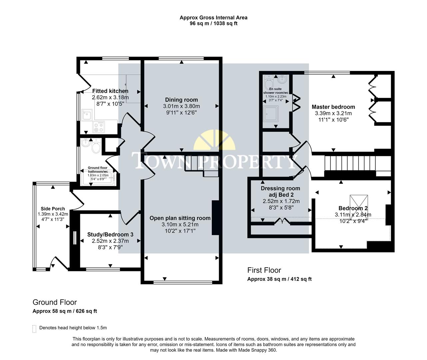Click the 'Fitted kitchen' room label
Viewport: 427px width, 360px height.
pyautogui.click(x=110, y=91)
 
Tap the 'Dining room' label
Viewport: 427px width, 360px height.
pyautogui.click(x=181, y=100)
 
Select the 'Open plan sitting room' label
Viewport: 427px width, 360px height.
pyautogui.click(x=180, y=218)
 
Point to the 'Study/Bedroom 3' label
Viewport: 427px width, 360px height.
pyautogui.click(x=110, y=234)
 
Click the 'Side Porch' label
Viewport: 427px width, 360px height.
pyautogui.click(x=53, y=209)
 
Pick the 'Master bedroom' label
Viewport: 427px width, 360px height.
pyautogui.click(x=333, y=107)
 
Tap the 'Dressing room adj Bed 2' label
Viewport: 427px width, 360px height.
pyautogui.click(x=280, y=191)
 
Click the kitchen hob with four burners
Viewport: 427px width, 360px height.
pyautogui.click(x=99, y=127)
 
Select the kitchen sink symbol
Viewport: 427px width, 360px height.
pyautogui.click(x=87, y=115)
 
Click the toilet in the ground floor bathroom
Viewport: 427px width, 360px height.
pyautogui.click(x=96, y=147)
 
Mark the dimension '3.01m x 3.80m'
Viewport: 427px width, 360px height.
pyautogui.click(x=181, y=106)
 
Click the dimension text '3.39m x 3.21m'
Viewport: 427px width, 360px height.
pyautogui.click(x=333, y=113)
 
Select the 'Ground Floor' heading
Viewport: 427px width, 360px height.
pyautogui.click(x=55, y=302)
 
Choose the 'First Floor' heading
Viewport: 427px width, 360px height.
pyautogui.click(x=264, y=270)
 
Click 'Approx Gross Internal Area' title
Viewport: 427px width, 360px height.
pyautogui.click(x=213, y=18)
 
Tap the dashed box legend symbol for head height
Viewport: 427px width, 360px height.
pyautogui.click(x=34, y=329)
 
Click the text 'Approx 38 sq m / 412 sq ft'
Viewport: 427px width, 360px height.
pyautogui.click(x=279, y=279)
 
